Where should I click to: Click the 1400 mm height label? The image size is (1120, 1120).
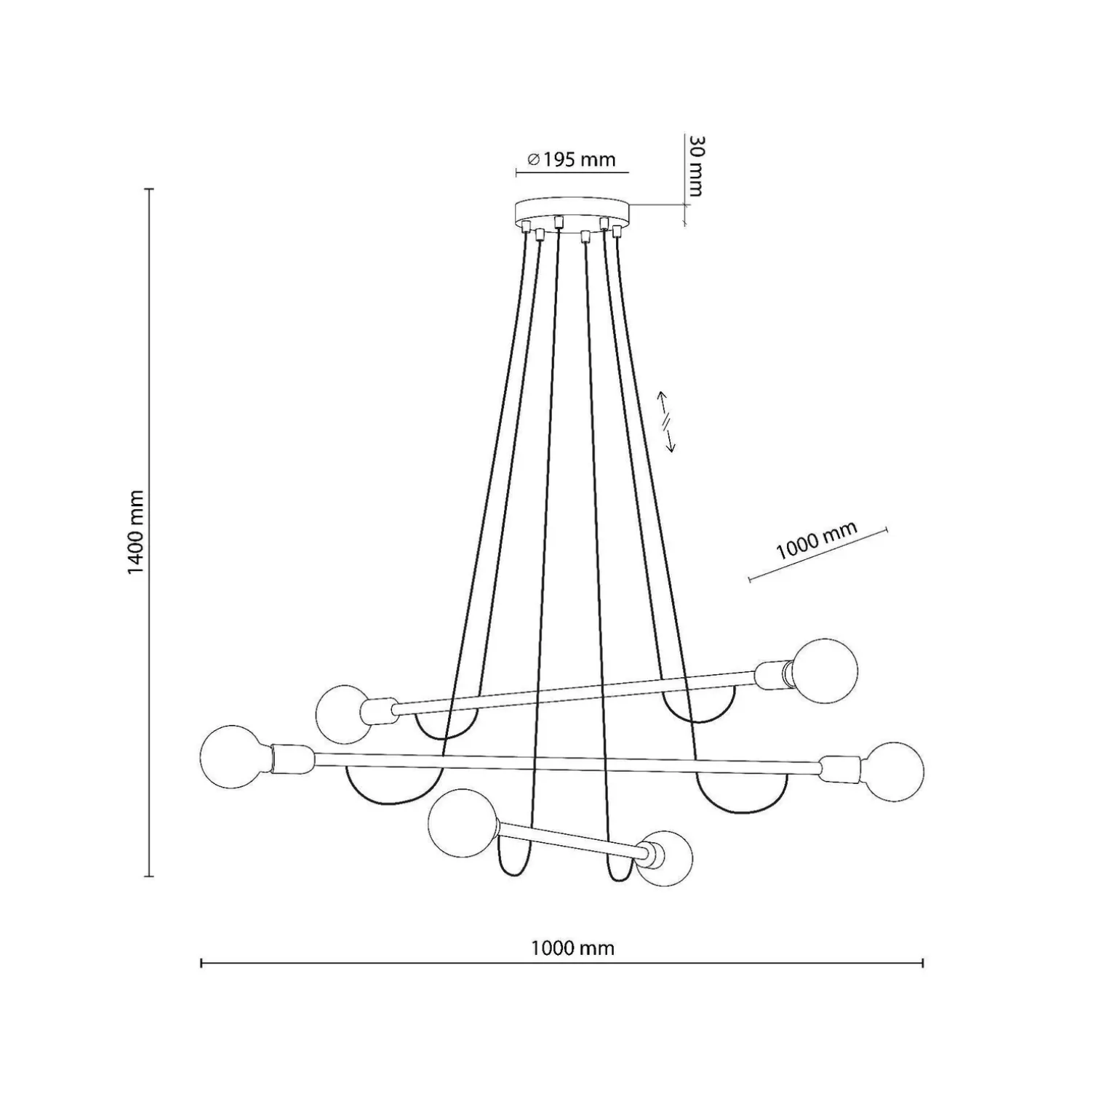coord(136,532)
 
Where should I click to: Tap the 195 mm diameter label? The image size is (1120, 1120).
coord(572,159)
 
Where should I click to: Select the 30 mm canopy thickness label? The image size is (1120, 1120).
coord(695,166)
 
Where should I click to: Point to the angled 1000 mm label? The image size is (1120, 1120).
coord(816,540)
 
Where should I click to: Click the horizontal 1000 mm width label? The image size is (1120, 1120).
coord(572,948)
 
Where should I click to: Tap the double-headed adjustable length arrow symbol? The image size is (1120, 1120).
coord(666,422)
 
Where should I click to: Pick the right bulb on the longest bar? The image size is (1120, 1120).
coord(892,772)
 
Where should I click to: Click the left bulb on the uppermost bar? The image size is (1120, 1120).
coord(343,714)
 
